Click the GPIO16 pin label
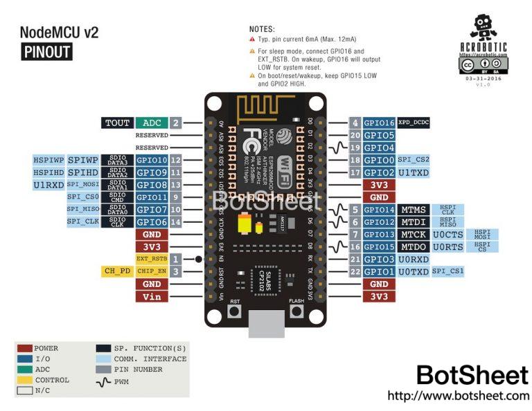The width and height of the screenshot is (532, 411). point(378,122)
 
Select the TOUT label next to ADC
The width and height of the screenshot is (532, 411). point(117,123)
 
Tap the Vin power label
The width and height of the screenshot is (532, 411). point(151,296)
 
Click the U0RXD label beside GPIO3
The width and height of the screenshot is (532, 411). point(414,259)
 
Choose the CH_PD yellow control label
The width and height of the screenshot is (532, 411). point(117,271)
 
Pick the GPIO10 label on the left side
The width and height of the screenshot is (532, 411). point(151,160)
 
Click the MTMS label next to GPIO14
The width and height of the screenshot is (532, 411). point(414,210)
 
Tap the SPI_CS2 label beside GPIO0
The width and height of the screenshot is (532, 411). point(414,160)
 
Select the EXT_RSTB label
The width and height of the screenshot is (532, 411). point(152,258)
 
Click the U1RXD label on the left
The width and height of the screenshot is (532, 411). point(48,185)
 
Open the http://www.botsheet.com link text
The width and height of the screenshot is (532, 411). point(458,396)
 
